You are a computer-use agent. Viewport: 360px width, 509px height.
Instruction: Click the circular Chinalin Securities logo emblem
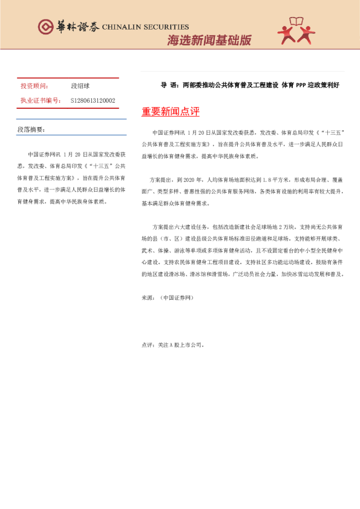coord(46,27)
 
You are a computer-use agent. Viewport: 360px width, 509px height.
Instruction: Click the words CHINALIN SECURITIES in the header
coord(145,27)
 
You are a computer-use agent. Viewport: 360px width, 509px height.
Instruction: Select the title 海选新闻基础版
coord(209,41)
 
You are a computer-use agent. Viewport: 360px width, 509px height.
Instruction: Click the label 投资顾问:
coord(34,86)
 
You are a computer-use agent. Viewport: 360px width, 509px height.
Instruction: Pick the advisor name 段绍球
coord(80,86)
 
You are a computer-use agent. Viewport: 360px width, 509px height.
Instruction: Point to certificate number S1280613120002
coord(93,100)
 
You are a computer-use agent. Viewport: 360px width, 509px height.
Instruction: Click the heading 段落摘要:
coord(31,129)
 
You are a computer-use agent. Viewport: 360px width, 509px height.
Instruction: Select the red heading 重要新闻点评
coord(170,112)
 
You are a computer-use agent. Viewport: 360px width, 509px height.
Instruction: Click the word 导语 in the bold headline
coord(167,85)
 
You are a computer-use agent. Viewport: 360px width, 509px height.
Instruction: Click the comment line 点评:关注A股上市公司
coord(173,345)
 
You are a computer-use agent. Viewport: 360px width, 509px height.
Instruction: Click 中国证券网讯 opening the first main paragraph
coord(169,132)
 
